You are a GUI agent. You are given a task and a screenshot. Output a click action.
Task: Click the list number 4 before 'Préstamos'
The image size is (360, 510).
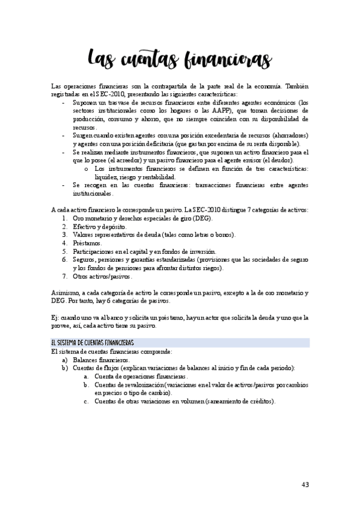[64, 242]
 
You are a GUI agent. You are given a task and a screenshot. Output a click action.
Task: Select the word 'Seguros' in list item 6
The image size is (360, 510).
[86, 259]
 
